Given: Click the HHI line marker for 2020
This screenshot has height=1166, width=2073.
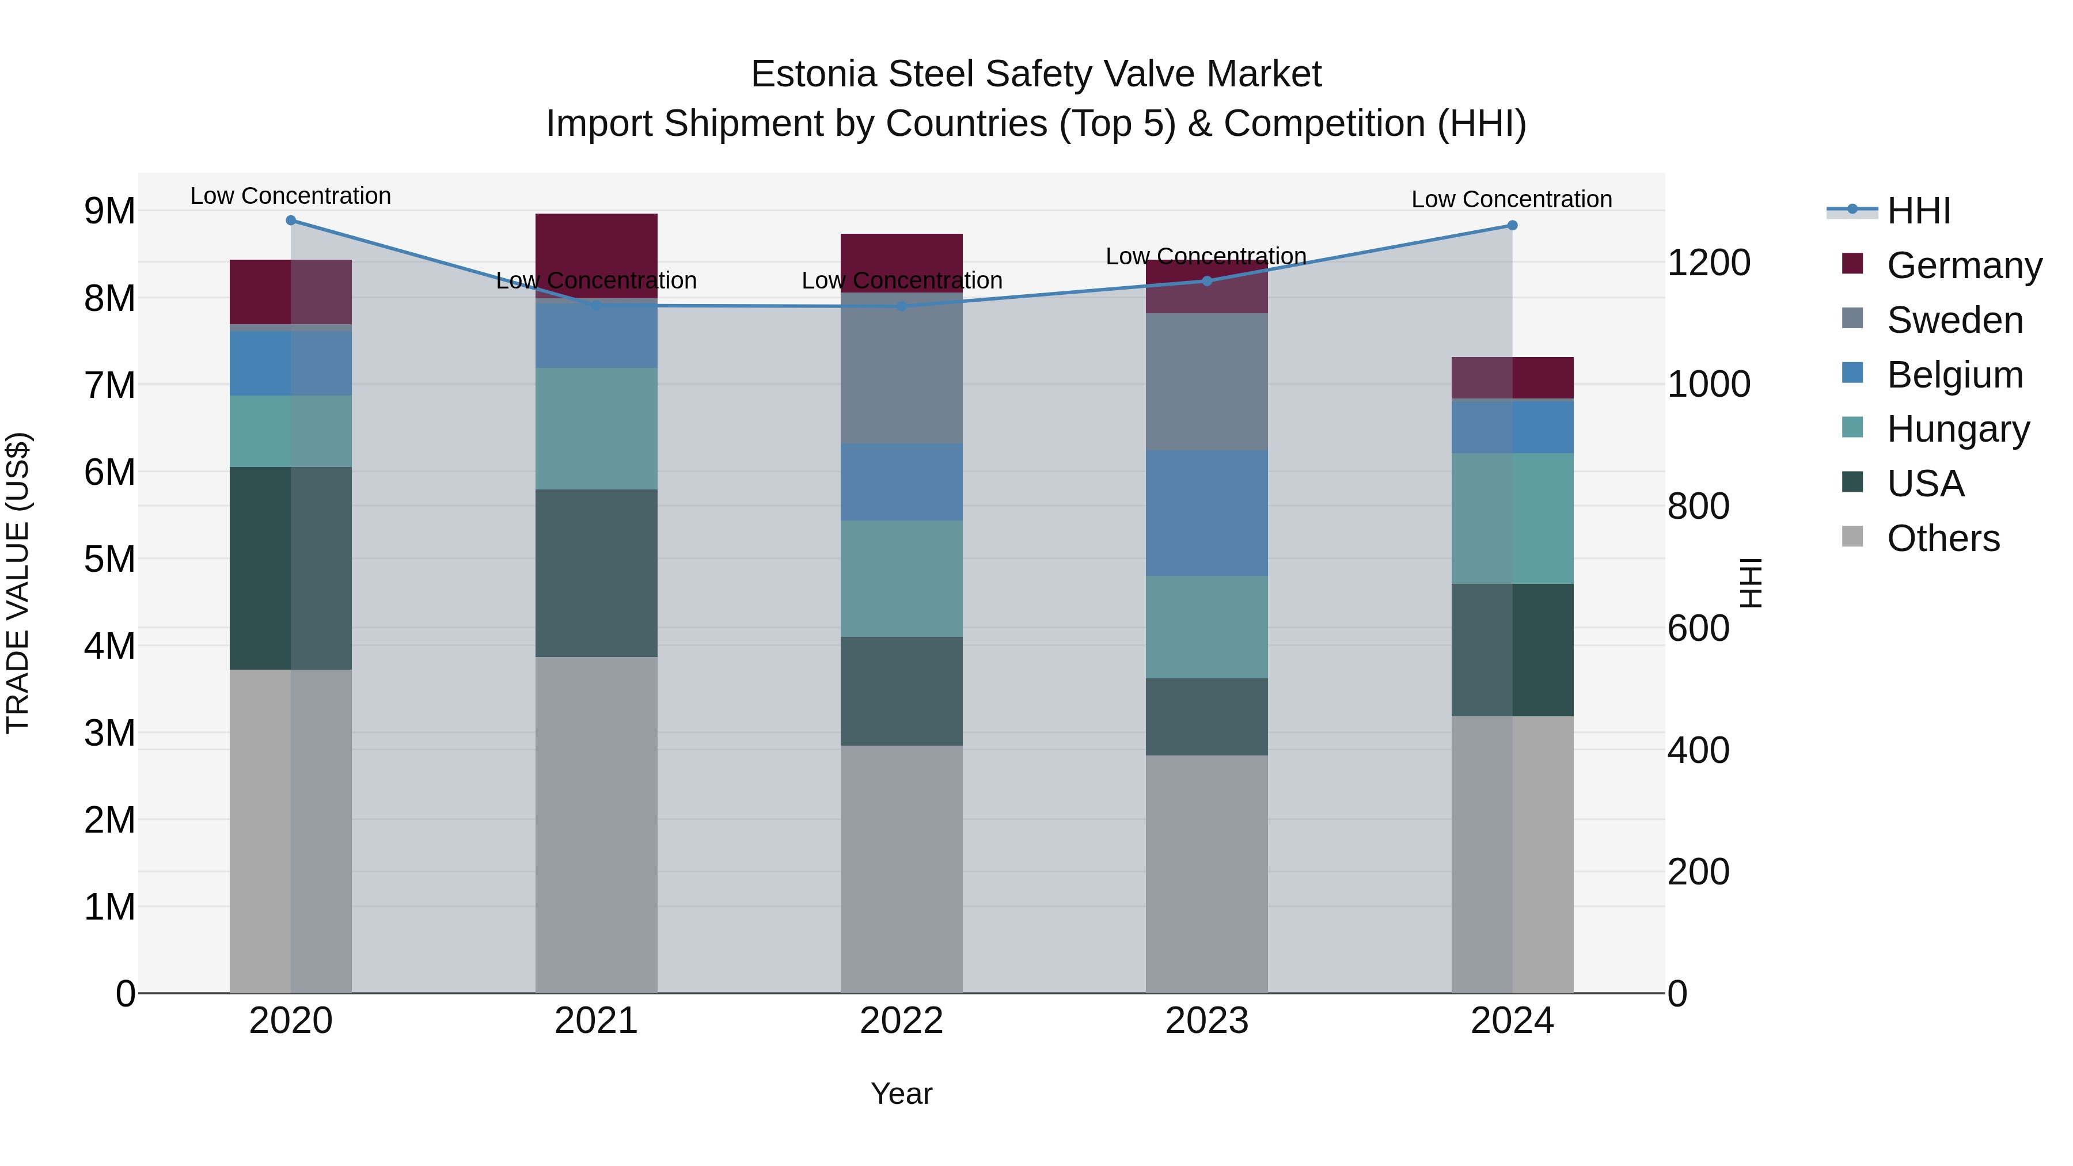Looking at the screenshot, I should tap(291, 221).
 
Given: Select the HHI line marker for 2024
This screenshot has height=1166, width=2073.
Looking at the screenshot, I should tap(1512, 225).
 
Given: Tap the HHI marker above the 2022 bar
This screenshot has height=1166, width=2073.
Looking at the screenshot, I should tap(901, 306).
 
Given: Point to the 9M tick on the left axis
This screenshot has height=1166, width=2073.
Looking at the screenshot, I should tap(109, 211).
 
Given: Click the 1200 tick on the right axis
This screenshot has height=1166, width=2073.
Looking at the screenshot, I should tap(1708, 263).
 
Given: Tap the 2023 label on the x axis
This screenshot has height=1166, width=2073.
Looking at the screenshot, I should tap(1206, 1020).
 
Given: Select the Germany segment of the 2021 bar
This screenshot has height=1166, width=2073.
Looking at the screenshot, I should tap(597, 255).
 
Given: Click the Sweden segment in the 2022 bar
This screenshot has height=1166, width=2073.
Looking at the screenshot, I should tap(901, 368).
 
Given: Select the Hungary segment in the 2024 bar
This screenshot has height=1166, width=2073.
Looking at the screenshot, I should tap(1512, 518).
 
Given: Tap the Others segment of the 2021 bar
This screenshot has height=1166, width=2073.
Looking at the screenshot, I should tap(597, 825).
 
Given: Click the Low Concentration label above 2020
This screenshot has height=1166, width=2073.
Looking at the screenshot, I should tap(291, 196).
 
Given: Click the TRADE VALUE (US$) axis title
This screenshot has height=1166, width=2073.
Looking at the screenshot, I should tap(18, 583).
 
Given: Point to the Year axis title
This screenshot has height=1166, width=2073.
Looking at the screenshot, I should tap(901, 1093).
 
